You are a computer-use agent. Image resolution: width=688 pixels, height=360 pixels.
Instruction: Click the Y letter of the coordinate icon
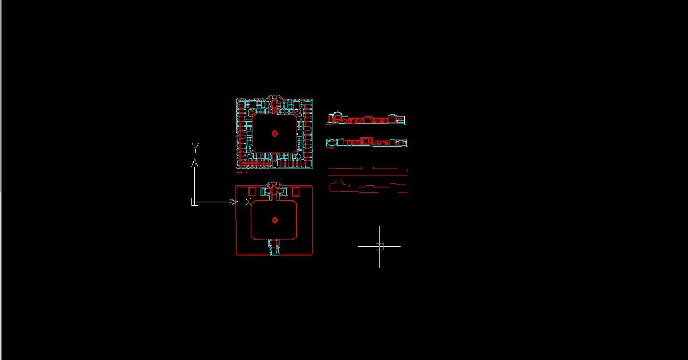(x=195, y=148)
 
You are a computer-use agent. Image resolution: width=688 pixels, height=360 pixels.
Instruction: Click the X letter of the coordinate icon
(x=249, y=202)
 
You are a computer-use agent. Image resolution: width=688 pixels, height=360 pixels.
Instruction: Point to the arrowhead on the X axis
(x=234, y=202)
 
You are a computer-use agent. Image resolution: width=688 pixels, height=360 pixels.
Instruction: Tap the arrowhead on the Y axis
(x=195, y=163)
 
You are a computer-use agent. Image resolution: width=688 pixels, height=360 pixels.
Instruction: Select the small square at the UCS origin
(x=194, y=203)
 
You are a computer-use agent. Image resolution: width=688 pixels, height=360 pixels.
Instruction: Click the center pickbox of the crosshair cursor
(x=380, y=246)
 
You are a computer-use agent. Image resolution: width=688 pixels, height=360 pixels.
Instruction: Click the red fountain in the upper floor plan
(x=275, y=133)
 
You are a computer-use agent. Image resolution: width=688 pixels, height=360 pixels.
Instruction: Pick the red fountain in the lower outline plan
(x=275, y=220)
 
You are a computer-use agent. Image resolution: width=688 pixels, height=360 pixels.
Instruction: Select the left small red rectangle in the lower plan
(x=252, y=191)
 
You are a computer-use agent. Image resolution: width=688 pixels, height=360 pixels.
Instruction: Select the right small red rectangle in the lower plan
(x=295, y=191)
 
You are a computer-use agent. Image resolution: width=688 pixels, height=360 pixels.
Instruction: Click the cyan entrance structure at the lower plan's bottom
(x=274, y=247)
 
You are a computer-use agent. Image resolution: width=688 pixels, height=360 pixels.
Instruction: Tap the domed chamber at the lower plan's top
(x=274, y=191)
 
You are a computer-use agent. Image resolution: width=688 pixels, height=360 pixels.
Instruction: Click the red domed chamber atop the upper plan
(x=274, y=104)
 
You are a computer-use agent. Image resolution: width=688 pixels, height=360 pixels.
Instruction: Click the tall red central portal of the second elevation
(x=366, y=141)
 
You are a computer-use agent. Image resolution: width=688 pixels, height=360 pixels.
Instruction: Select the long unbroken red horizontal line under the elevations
(x=368, y=175)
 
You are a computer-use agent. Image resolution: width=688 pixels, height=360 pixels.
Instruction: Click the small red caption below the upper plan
(x=242, y=173)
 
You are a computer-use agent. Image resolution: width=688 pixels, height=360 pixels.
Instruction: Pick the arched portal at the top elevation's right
(x=393, y=119)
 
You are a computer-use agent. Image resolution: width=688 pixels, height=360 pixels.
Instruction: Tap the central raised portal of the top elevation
(x=367, y=119)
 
